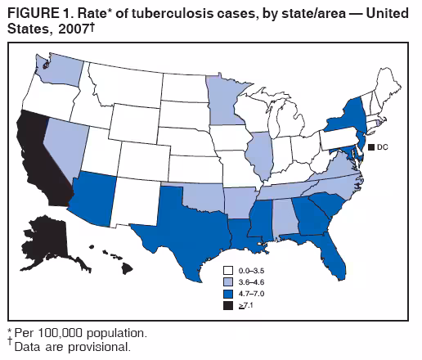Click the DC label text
coord(383,147)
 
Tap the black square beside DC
coord(370,147)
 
